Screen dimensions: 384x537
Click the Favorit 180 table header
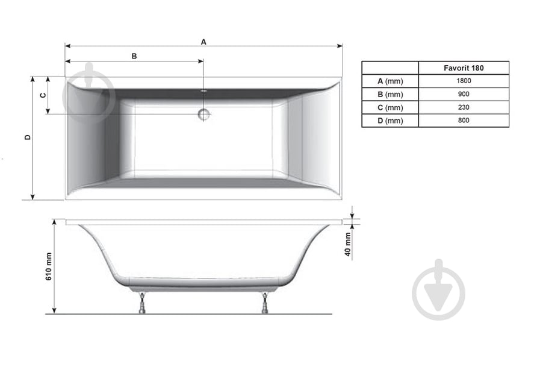[464, 68]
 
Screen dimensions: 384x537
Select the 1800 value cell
[464, 81]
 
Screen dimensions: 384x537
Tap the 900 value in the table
[464, 95]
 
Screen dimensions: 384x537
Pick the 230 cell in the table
[464, 108]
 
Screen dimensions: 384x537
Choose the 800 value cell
[464, 121]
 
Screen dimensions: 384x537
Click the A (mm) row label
[390, 81]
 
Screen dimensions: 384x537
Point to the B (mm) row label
[390, 95]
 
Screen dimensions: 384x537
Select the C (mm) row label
[390, 108]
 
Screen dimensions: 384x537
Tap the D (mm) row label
[390, 121]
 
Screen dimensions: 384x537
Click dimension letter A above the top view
[203, 42]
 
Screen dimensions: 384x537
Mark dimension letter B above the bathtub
[134, 56]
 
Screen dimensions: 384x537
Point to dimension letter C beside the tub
[43, 95]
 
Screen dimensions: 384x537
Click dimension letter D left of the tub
[28, 137]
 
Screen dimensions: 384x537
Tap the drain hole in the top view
[203, 114]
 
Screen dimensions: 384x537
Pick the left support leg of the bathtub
[142, 303]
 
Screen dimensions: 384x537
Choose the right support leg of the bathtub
[265, 303]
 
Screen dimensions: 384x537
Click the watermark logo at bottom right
[438, 290]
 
